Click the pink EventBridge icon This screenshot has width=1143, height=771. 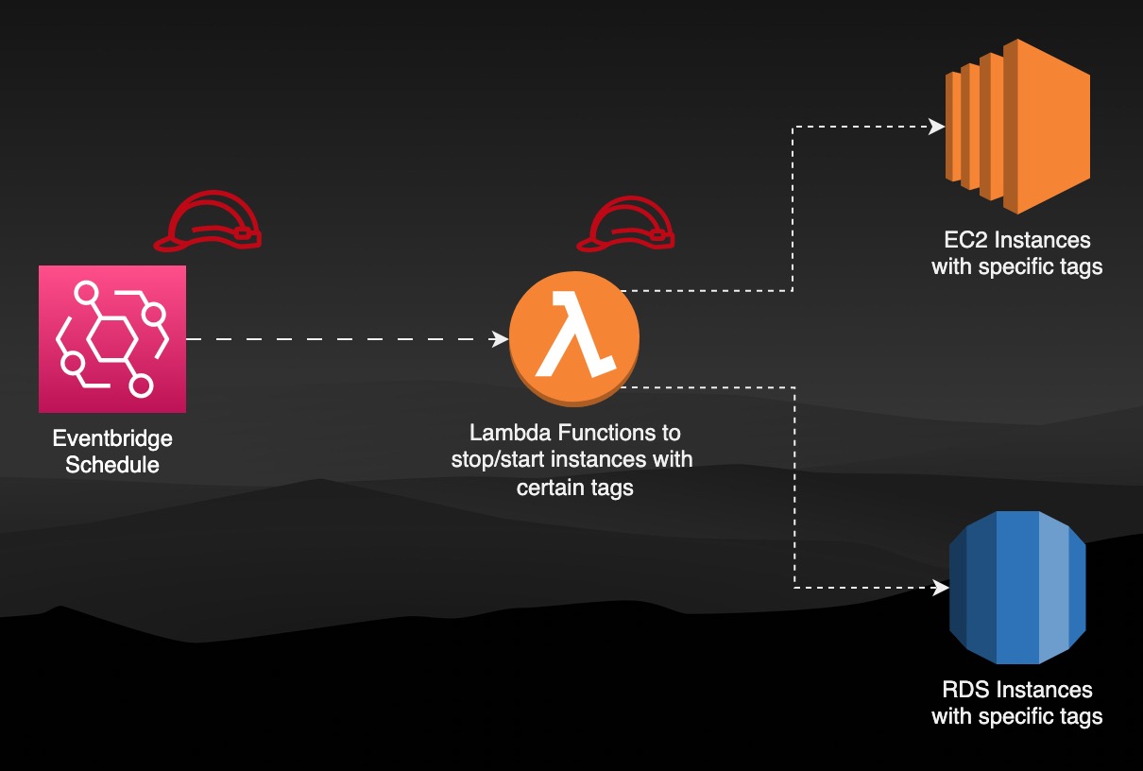tap(111, 338)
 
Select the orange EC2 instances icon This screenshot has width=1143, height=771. tap(1017, 126)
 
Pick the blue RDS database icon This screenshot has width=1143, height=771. tap(1017, 588)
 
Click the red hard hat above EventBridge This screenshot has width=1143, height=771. tap(208, 223)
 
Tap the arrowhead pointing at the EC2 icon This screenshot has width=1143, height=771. tap(937, 126)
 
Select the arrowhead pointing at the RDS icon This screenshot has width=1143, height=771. tap(941, 588)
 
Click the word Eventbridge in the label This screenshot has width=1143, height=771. tap(112, 439)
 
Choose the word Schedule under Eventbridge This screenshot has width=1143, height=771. tap(112, 465)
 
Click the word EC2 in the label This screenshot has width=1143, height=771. tap(963, 240)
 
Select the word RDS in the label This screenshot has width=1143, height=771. tap(963, 690)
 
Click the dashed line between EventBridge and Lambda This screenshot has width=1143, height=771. tap(340, 338)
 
